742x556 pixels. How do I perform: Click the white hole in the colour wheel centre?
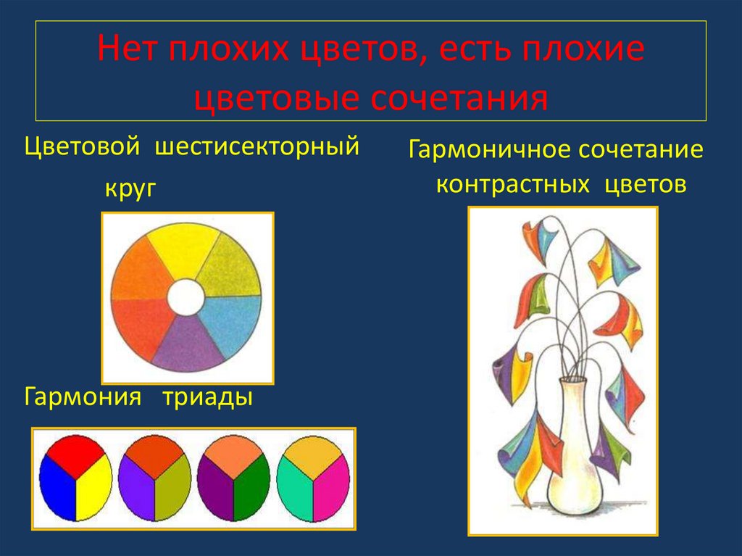tap(186, 297)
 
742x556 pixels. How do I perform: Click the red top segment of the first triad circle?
tap(76, 451)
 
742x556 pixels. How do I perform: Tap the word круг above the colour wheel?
tap(131, 189)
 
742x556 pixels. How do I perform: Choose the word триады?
tap(207, 397)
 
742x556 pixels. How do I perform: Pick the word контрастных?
tap(512, 185)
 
